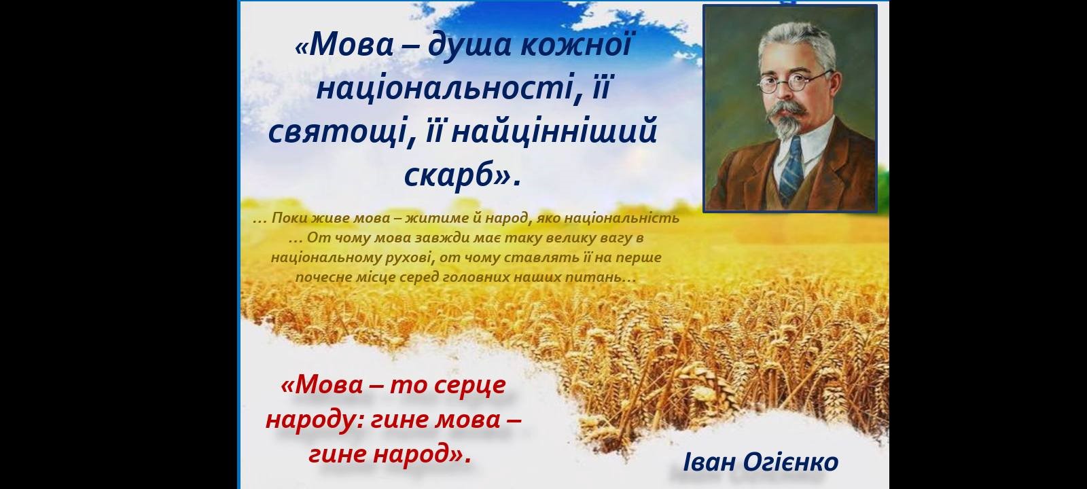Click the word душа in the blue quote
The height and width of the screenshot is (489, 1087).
click(x=469, y=45)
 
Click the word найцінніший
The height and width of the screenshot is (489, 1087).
click(x=554, y=132)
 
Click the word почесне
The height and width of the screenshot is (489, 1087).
click(x=318, y=278)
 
